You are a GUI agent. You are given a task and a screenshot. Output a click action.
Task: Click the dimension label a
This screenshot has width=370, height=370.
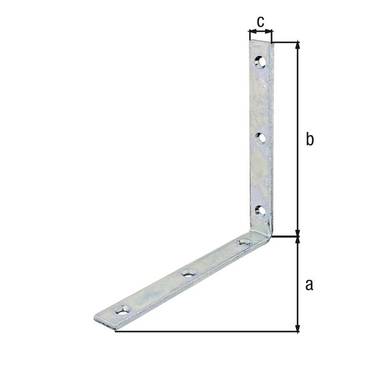click(310, 284)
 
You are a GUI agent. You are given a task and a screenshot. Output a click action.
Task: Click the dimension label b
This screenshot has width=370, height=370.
click(310, 140)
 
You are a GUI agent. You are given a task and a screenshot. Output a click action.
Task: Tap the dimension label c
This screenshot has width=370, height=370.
click(260, 22)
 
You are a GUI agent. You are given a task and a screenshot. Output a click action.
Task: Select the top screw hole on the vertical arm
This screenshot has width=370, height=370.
click(260, 62)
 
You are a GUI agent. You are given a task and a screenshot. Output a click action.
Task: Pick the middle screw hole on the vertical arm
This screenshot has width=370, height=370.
click(260, 138)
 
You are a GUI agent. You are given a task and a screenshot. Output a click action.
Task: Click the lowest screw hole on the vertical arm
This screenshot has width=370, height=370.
click(260, 211)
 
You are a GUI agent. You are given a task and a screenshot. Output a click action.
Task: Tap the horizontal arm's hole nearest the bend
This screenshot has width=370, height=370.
click(244, 242)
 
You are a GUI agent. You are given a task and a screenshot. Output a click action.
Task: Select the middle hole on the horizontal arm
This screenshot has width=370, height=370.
click(189, 273)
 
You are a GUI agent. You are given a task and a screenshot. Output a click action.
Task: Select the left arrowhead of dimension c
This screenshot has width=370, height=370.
click(251, 31)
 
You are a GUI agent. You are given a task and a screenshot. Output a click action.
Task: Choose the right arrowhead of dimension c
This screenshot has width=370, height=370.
click(269, 31)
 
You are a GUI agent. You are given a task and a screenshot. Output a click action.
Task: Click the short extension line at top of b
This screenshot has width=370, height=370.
click(286, 42)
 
